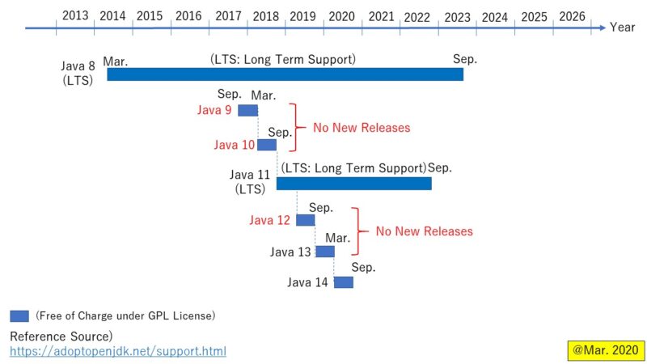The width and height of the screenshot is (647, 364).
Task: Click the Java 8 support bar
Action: tap(285, 74)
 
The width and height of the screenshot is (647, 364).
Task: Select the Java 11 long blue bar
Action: tap(353, 184)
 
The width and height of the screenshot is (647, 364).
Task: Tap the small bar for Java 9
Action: tap(247, 110)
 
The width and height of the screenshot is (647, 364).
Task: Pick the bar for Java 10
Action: tap(267, 145)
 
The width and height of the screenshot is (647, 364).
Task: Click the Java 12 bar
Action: tap(305, 220)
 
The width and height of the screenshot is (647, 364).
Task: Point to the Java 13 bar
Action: tap(324, 252)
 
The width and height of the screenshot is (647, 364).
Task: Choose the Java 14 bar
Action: tap(343, 282)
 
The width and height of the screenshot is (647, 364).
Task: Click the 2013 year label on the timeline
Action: tap(75, 16)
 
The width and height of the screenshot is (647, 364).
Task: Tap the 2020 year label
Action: tap(342, 16)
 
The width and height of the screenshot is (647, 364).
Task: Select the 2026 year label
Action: tap(573, 16)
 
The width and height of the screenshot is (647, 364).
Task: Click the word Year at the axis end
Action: tap(623, 28)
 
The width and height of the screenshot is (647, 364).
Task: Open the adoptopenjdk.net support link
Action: tap(118, 351)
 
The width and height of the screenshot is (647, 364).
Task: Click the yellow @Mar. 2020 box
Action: tap(606, 351)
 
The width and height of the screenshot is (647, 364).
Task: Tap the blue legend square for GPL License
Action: tap(19, 315)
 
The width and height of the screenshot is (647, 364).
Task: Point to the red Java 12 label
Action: tap(270, 220)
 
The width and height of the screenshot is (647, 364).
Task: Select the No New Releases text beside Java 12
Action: tap(424, 231)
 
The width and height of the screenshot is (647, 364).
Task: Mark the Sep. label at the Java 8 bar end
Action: tap(465, 59)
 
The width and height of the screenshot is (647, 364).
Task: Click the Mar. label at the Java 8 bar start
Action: tap(116, 61)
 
